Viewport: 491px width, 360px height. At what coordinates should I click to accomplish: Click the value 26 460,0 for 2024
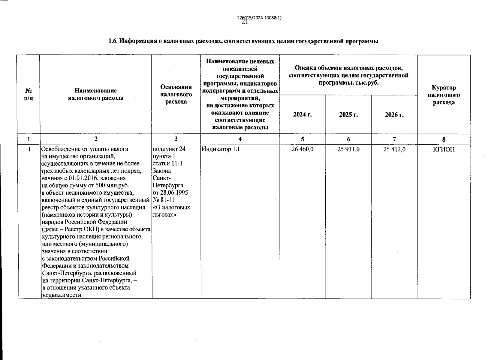tap(303, 149)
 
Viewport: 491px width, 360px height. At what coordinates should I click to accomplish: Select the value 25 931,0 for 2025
tap(348, 149)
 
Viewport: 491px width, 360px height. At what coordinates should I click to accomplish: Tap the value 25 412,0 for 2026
tap(394, 149)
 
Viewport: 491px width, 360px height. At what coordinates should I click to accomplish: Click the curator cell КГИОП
tap(444, 149)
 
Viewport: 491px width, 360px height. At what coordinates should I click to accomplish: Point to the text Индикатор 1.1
tap(221, 149)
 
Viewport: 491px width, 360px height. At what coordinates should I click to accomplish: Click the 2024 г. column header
tap(303, 115)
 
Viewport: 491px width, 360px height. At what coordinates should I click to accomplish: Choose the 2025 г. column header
tap(348, 115)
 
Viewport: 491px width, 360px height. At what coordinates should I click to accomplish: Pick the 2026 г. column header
tap(394, 115)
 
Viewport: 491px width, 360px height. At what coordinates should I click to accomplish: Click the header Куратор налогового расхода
tap(444, 95)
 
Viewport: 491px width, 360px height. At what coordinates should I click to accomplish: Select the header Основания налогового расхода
tap(176, 94)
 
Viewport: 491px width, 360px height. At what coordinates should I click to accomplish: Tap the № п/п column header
tap(29, 94)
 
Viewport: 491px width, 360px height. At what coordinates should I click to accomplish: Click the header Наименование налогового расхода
tap(96, 94)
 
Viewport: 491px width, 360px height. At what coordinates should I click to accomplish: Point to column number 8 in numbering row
tap(444, 139)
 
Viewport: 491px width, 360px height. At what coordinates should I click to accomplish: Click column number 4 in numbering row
tap(240, 139)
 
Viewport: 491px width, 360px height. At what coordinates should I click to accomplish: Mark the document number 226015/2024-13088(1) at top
tap(259, 18)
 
